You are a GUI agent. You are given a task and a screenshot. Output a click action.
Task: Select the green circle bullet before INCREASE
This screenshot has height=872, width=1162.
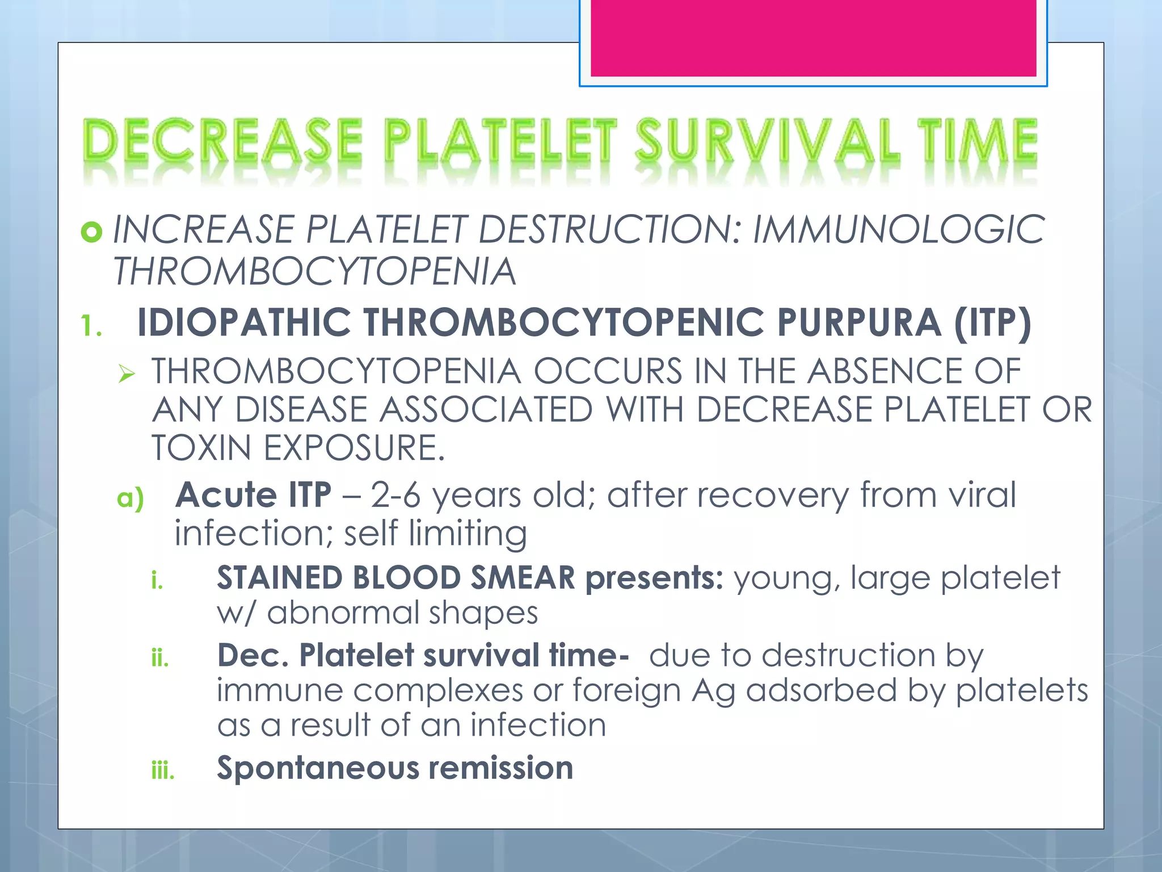91,232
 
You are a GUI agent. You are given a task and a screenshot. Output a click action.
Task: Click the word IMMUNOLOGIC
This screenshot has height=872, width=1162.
898,230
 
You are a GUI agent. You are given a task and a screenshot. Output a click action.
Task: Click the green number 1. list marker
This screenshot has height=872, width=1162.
91,326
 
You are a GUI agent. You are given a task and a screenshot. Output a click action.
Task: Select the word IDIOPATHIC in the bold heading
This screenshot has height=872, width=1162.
244,322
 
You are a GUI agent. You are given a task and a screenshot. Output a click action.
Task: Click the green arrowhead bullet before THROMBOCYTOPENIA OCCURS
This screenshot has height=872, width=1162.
127,374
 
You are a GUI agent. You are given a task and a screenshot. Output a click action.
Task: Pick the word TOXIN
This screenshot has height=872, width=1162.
201,448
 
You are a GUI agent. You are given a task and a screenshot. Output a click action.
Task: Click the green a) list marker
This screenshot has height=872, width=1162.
130,498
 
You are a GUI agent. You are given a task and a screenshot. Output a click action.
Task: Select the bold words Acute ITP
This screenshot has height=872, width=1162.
253,494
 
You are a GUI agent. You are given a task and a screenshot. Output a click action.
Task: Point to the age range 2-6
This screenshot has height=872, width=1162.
395,495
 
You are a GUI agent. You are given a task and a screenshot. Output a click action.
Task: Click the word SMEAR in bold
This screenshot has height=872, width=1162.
523,578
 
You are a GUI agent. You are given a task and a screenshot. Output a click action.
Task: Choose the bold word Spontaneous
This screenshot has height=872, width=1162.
317,768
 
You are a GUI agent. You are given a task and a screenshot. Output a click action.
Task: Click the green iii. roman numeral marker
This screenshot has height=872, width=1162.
163,771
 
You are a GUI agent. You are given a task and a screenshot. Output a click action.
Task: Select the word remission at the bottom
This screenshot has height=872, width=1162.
500,768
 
